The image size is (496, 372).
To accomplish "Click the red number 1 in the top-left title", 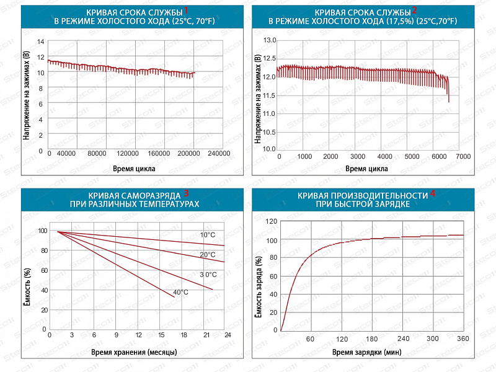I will pos(185,11).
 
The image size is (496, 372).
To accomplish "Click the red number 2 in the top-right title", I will pos(415,11).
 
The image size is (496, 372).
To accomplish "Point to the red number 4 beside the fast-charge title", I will pos(433,193).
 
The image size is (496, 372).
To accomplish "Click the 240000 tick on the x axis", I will pos(218,154).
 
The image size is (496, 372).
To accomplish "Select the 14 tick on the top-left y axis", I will pos(42,42).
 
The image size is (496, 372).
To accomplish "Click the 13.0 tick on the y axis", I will pos(270,40).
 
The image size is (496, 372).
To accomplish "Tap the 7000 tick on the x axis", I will pos(463,156).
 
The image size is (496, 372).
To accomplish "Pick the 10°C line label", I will pos(207,234).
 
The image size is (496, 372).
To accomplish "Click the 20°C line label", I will pos(207,254).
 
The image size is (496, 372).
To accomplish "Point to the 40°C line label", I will pos(181,292).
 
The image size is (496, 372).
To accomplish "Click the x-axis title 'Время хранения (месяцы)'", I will pos(134,352).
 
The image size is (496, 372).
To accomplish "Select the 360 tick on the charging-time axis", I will pos(463,339).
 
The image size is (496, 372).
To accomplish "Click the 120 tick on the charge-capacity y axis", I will pos(270,221).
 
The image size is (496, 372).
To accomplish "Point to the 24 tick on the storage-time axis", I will pos(228,335).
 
